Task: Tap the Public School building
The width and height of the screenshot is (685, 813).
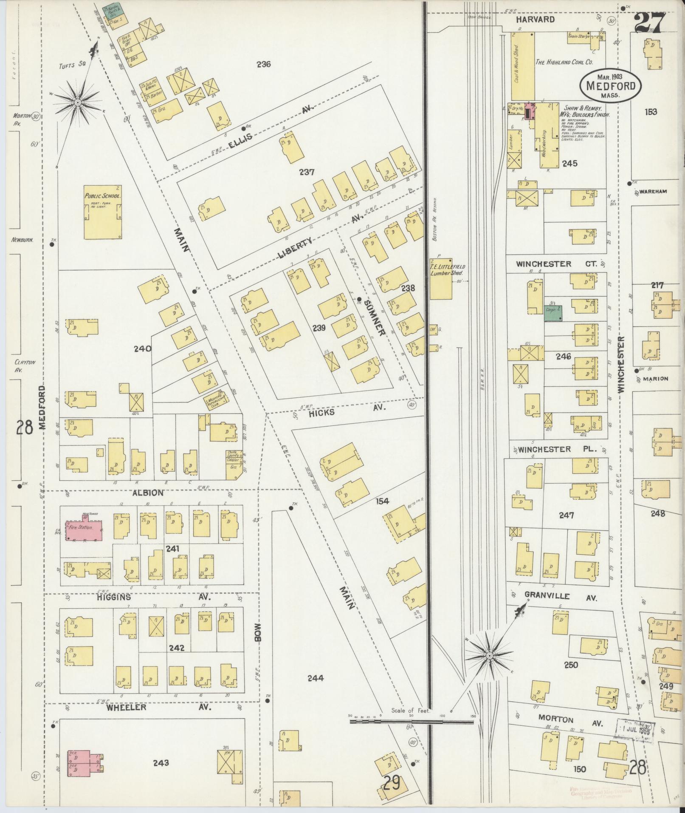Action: (104, 212)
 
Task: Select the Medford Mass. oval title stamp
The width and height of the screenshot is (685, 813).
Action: (610, 85)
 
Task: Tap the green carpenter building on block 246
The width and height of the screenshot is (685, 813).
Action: (553, 313)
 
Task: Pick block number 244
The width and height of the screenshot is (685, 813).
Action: (315, 678)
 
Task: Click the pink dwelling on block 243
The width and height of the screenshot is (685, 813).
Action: (84, 763)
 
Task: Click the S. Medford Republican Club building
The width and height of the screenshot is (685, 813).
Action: (215, 400)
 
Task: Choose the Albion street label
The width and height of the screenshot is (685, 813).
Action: (148, 493)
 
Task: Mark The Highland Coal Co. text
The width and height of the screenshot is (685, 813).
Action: (564, 62)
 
